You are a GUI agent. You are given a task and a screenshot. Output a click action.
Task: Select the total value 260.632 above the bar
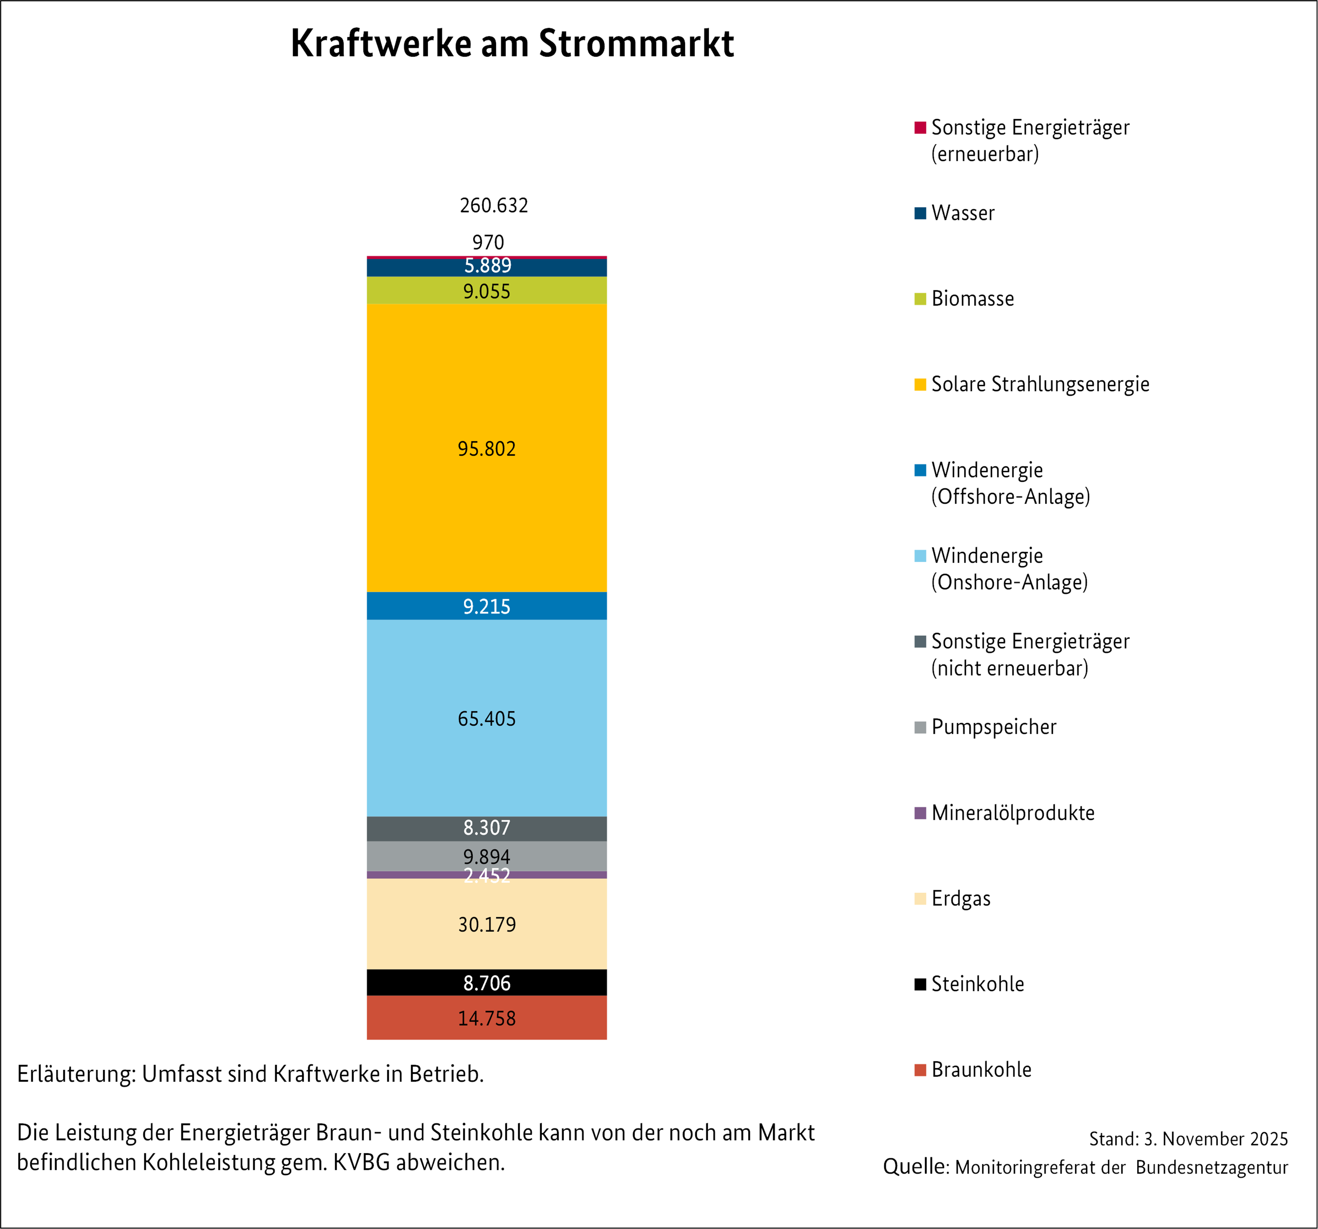(494, 205)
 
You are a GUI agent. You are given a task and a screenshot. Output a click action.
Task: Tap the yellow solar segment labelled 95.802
(487, 449)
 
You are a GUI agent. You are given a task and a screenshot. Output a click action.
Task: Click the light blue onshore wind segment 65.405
(487, 718)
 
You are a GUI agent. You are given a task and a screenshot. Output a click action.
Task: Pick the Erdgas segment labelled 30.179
(487, 924)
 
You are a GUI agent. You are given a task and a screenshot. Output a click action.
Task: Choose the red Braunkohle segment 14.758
(487, 1018)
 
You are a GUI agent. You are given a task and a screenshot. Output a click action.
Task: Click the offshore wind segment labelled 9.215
(487, 606)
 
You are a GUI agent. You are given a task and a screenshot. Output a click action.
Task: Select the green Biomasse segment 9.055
(487, 291)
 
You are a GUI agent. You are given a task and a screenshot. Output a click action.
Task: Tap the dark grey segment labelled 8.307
(487, 828)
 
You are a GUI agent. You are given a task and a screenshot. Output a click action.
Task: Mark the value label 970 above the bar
(488, 242)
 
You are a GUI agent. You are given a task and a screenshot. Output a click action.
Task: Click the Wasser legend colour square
(920, 213)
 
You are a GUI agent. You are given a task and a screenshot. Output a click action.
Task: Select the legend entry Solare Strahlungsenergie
(1040, 385)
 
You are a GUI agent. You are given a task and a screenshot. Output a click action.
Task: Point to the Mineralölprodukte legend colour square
(920, 813)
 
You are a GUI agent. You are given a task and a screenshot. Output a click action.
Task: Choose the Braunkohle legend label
(981, 1070)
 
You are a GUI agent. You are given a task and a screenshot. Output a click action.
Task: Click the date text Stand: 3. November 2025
(1188, 1139)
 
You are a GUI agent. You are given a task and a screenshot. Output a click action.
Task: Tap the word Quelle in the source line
(916, 1167)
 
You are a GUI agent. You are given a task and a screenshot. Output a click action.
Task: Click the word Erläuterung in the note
(77, 1074)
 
